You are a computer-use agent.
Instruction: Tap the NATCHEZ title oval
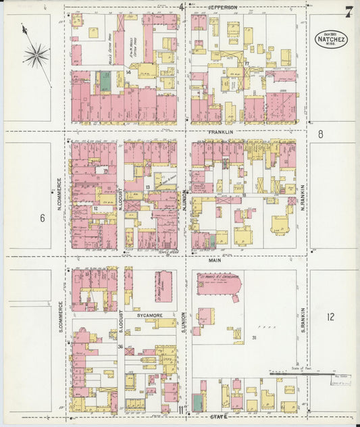coord(332,38)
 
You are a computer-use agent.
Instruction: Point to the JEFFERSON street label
coord(222,7)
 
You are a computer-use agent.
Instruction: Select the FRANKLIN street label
coord(220,132)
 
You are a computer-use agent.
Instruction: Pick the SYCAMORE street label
coord(147,316)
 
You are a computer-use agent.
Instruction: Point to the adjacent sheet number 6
coord(42,218)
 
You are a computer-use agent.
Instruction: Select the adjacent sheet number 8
coord(321,134)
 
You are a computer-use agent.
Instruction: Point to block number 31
coord(254,337)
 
